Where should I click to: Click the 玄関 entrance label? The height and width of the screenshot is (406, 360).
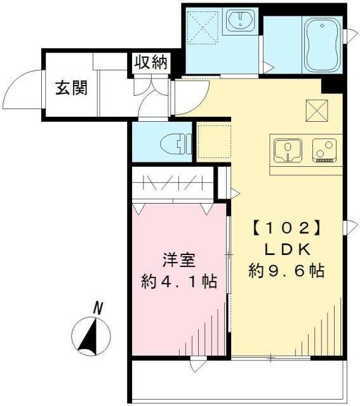click(x=70, y=89)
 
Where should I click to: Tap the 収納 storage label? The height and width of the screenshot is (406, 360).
click(x=150, y=62)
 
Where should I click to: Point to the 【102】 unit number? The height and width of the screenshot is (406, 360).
click(x=284, y=227)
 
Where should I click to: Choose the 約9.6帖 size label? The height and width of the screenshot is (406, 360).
click(x=286, y=272)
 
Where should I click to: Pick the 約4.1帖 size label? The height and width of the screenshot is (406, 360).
click(x=178, y=281)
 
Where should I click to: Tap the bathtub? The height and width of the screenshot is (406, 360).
click(x=322, y=44)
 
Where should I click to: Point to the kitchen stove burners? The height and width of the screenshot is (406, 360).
click(x=324, y=151)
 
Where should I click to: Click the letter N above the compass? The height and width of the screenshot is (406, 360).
click(x=98, y=308)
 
